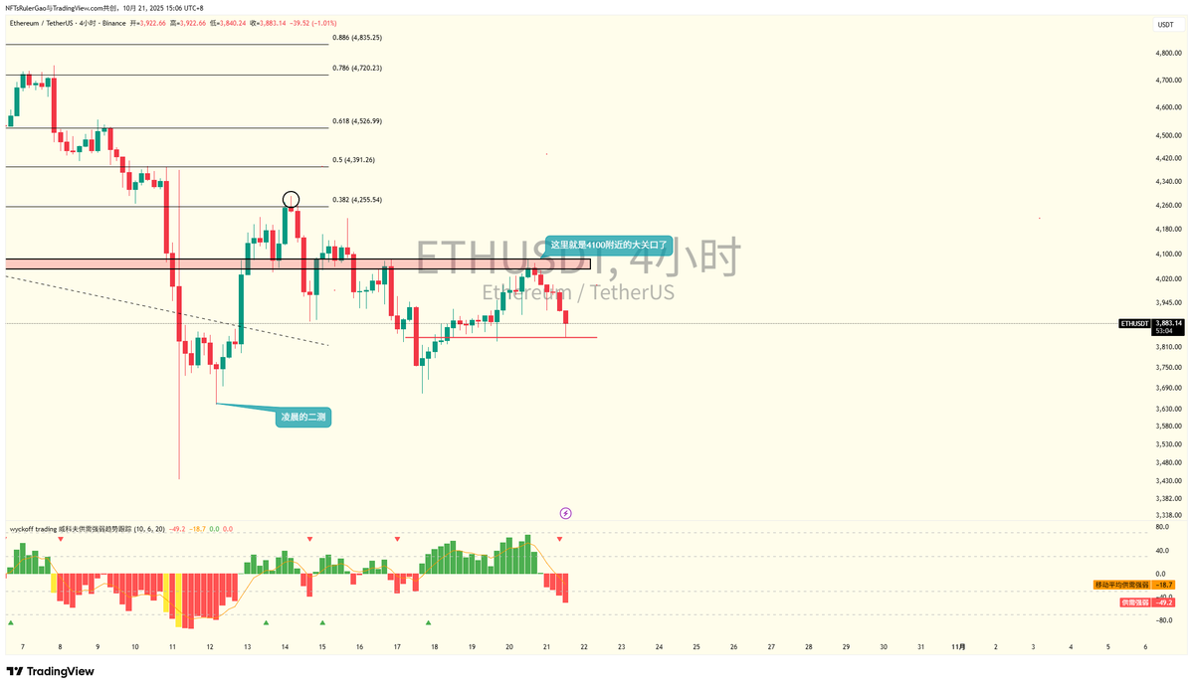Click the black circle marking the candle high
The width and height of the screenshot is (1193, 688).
[x=291, y=199]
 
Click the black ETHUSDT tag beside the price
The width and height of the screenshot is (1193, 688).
[x=1134, y=323]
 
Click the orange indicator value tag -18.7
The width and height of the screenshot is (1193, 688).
[x=1165, y=585]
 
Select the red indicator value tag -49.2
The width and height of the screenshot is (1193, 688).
[x=1165, y=602]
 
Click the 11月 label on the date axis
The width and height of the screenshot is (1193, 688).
[x=958, y=646]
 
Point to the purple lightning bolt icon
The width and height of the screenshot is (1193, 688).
[x=565, y=513]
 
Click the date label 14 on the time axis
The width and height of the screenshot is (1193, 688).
[x=285, y=646]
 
